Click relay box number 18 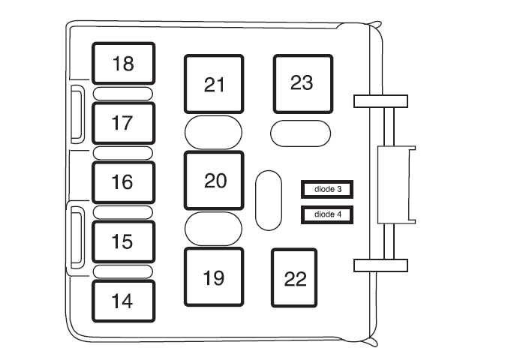click(x=123, y=64)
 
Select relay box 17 click(x=123, y=123)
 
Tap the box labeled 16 click(x=123, y=182)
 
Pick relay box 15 click(x=123, y=241)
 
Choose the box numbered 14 click(x=123, y=301)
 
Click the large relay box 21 click(x=214, y=84)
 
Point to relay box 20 click(x=214, y=181)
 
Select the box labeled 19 click(x=214, y=277)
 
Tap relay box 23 click(x=302, y=82)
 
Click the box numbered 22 click(x=295, y=278)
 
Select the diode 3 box click(x=327, y=190)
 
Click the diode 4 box click(x=327, y=214)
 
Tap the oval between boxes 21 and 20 click(x=214, y=133)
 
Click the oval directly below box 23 click(x=300, y=133)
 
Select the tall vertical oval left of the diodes click(x=268, y=200)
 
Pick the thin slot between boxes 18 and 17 click(x=123, y=94)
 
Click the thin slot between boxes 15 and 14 click(x=123, y=271)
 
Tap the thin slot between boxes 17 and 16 click(x=123, y=153)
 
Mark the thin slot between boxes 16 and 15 click(x=123, y=212)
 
